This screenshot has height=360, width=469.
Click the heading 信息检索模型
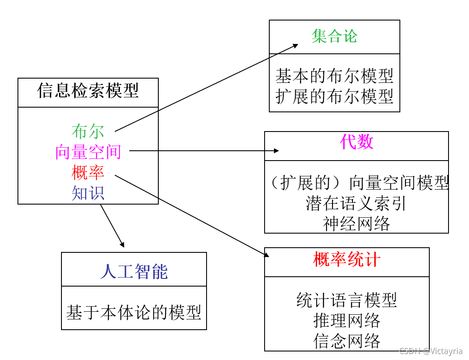tap(88, 91)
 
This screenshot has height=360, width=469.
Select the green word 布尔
tap(88, 132)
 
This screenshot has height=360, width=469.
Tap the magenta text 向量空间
tap(88, 152)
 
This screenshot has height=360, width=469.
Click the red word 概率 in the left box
tap(88, 173)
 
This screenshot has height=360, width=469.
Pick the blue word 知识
tap(88, 193)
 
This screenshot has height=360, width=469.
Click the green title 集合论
tap(334, 36)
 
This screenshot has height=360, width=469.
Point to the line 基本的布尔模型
tap(334, 76)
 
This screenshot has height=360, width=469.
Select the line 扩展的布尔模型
tap(334, 97)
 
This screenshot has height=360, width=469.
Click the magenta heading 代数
tap(356, 142)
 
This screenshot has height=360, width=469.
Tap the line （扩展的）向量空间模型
tap(359, 183)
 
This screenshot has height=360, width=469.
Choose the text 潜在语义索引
tap(356, 204)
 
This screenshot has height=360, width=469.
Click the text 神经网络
tap(356, 223)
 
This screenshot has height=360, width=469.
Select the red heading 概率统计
tap(347, 259)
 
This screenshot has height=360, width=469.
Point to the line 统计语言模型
tap(347, 300)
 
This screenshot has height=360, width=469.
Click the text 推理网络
tap(347, 320)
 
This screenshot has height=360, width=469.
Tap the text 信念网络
tap(347, 341)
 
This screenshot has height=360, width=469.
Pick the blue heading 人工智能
tap(134, 272)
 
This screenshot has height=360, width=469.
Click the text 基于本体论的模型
tap(134, 313)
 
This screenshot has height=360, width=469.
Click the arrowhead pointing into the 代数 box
tap(277, 151)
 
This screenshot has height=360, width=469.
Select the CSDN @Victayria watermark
tap(431, 351)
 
